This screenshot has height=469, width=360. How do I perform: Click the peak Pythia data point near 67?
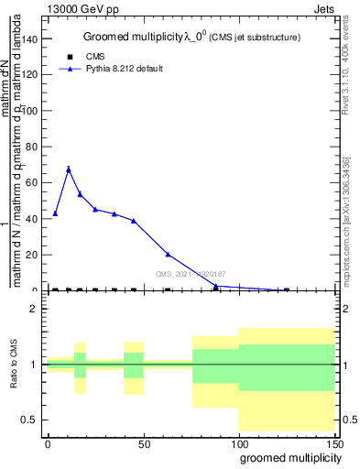tap(69, 169)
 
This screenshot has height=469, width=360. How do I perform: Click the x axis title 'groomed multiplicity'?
tap(287, 457)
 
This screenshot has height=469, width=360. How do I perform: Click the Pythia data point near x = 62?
tap(168, 255)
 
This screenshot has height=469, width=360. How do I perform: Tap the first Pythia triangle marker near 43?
tap(56, 213)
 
